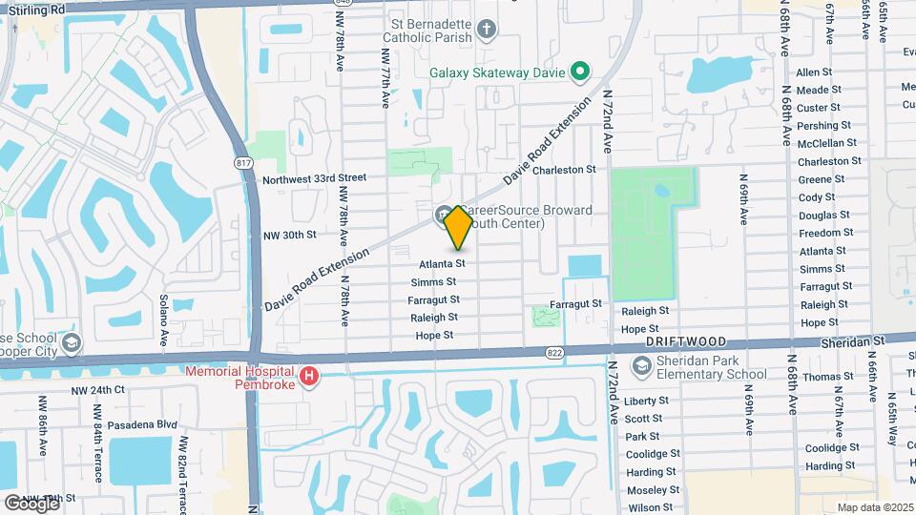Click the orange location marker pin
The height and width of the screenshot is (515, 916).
coord(459,227)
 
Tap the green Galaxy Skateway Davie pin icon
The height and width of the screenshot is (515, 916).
coord(578,71)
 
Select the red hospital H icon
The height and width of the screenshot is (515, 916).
coord(309,378)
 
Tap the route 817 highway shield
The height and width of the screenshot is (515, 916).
coord(244,163)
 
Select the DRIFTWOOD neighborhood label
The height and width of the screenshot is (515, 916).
coord(686,341)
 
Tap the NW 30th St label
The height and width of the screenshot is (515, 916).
coord(289,235)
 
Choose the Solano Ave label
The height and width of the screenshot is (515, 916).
coord(164,319)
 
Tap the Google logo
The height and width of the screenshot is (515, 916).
coord(31,503)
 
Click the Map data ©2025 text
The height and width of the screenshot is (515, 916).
coord(875,506)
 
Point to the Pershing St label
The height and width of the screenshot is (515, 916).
coord(823,126)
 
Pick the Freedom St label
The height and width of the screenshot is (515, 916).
coord(826,233)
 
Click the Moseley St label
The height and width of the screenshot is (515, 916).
coord(652,489)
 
